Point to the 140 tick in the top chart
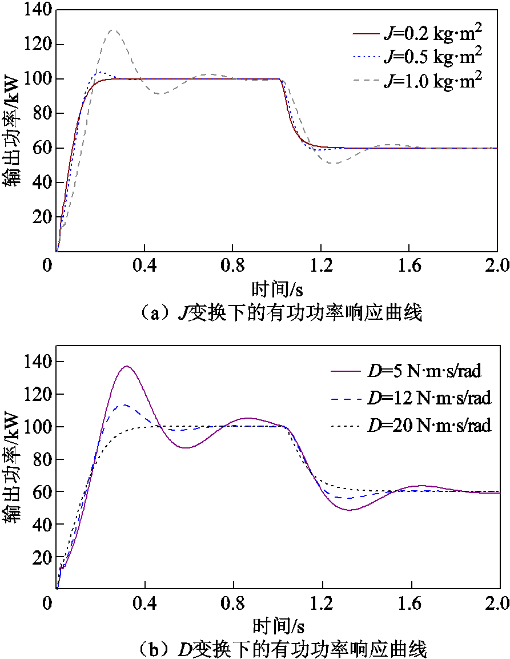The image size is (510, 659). click(38, 10)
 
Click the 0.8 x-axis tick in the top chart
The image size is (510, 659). click(232, 265)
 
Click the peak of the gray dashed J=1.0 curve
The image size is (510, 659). click(114, 30)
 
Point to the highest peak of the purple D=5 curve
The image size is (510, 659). click(126, 366)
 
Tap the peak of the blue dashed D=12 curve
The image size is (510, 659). click(122, 406)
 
